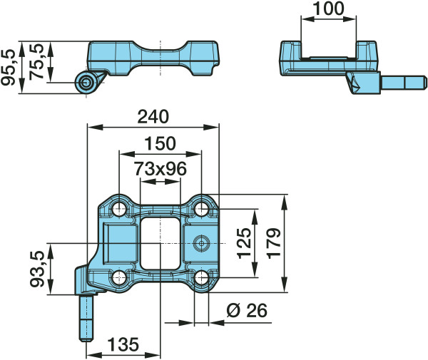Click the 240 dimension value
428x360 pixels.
click(153, 117)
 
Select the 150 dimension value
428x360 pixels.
click(160, 144)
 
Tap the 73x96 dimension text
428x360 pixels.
click(160, 169)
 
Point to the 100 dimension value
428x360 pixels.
click(328, 9)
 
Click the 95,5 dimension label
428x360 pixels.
click(7, 67)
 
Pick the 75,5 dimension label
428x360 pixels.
click(36, 61)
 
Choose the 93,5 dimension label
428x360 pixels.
click(36, 269)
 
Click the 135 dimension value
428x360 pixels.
click(123, 344)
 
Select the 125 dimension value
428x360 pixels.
click(244, 243)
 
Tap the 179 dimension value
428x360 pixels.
click(274, 244)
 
